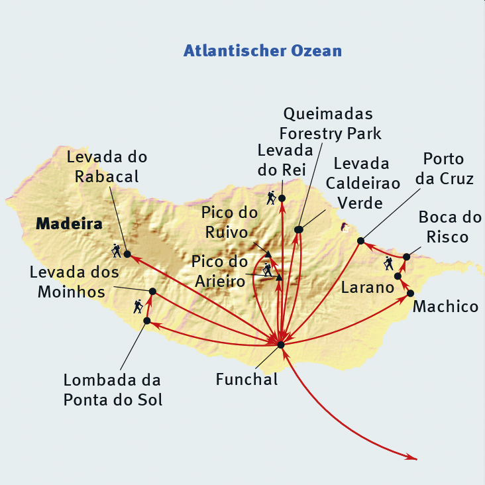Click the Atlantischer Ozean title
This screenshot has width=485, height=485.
262,50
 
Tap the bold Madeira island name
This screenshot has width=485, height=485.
69,224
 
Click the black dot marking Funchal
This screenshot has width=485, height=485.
280,345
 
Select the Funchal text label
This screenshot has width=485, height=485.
246,380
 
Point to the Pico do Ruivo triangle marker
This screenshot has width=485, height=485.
268,254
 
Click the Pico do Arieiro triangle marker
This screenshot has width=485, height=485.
279,278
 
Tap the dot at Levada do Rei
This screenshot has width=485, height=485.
282,198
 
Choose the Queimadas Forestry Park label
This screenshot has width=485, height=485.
331,124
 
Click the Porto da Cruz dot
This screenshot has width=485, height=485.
360,241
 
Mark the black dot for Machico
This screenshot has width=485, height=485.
410,294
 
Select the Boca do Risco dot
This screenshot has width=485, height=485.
407,256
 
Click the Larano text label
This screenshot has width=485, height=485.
367,288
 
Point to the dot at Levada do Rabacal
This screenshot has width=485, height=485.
127,254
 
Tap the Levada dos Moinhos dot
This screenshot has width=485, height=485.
152,292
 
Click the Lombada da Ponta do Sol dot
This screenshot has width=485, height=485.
147,321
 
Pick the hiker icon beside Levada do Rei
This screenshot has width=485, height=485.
271,197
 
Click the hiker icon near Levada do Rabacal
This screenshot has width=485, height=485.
117,250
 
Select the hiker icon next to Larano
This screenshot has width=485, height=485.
388,264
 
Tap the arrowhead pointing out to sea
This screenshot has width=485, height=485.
412,457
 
